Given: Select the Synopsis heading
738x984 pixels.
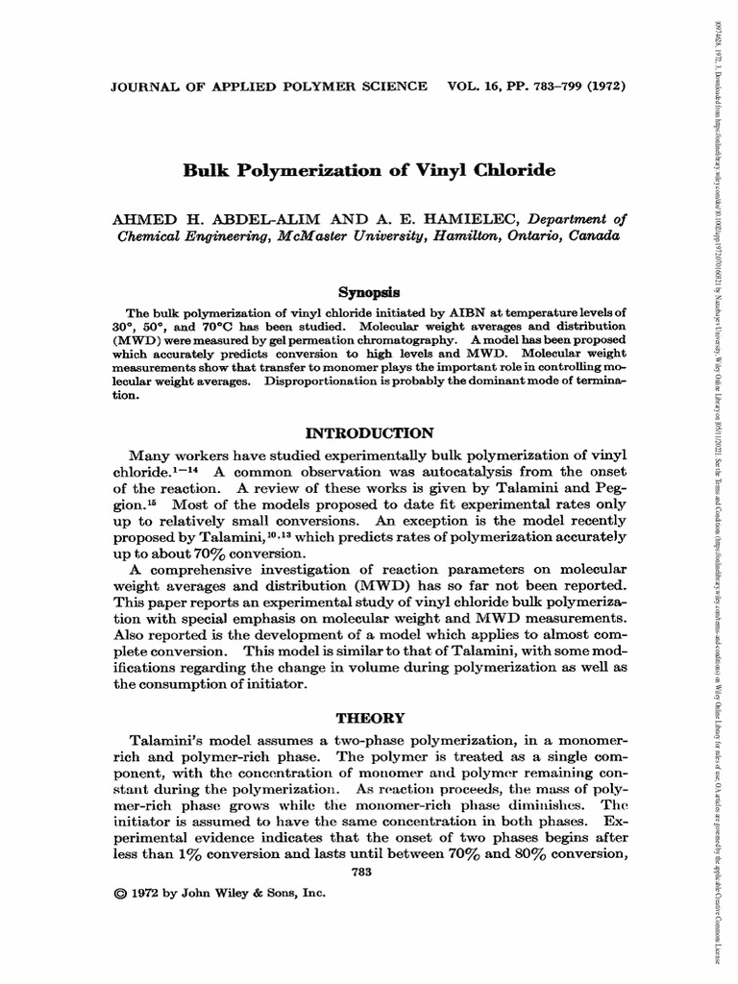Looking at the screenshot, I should [x=368, y=291].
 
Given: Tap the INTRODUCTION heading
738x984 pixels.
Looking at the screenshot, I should [x=369, y=432].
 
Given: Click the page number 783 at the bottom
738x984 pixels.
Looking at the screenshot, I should [x=368, y=872].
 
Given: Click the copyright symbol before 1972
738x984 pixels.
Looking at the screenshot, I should [x=120, y=893].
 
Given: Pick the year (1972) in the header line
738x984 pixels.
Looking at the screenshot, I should [x=603, y=86].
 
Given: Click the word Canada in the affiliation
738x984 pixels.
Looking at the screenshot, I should [x=593, y=235].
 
